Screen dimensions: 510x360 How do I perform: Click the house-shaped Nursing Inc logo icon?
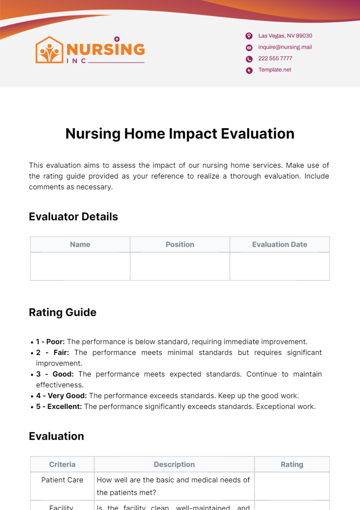49,50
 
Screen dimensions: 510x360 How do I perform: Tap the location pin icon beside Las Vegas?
249,36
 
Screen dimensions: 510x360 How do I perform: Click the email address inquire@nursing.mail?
285,47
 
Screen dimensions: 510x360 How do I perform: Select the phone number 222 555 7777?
275,58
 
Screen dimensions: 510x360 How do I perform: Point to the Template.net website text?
275,70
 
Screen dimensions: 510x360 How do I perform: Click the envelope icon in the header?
249,47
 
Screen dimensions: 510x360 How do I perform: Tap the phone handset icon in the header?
249,59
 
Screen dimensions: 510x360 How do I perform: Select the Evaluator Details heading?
73,217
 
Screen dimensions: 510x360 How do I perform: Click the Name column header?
80,244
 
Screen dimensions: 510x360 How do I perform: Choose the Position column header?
180,244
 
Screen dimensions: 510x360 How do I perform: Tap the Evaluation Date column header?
280,244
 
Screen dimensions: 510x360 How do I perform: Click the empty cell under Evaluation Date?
280,266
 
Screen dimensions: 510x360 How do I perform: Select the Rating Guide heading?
63,312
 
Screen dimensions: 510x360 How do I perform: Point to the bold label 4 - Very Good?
61,396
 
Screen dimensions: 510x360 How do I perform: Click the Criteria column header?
62,464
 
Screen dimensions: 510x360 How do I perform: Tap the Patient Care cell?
62,480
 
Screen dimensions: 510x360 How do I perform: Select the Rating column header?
292,464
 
